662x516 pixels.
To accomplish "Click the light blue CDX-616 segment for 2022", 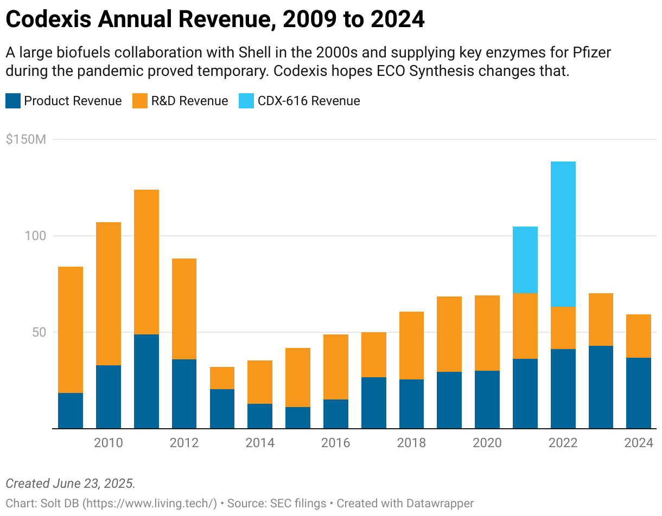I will (x=563, y=234).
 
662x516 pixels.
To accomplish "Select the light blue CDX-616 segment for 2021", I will (x=525, y=260).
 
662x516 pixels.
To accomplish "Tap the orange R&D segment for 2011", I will (x=147, y=262).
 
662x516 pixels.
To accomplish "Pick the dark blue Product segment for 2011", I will (x=147, y=381).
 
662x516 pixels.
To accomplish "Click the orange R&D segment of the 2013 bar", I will (x=222, y=378).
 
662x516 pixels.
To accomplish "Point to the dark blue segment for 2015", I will (x=298, y=417).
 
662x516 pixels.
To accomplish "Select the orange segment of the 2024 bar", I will (x=639, y=336).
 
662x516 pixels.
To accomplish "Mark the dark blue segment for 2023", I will (x=601, y=387).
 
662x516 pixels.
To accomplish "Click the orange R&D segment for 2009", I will (x=71, y=330).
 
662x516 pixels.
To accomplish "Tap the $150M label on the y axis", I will (x=26, y=139).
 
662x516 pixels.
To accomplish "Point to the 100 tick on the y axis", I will (x=36, y=236).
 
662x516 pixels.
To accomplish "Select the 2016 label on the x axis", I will (x=335, y=443).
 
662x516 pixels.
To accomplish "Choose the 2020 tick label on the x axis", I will (x=487, y=443).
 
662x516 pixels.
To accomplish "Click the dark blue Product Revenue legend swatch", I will (x=13, y=101).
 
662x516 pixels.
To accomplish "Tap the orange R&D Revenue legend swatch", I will (x=140, y=101).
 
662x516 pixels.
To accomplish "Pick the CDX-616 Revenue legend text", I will (x=309, y=101).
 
